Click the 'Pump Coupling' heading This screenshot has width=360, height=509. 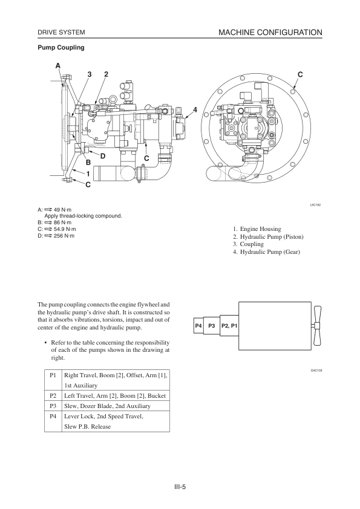coord(61,47)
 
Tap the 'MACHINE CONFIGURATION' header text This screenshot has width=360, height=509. coord(270,33)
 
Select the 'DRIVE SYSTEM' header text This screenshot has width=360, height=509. coord(61,33)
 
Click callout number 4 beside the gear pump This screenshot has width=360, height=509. coord(195,110)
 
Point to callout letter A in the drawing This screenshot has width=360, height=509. coord(58,66)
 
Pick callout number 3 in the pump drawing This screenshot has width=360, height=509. coord(90,74)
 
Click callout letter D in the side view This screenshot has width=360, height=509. coord(103,156)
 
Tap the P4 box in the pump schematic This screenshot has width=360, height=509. coord(198,325)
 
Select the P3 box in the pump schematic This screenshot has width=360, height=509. coord(212,325)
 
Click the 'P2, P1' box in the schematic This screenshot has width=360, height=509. coord(229,325)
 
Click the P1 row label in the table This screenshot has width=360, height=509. coord(53,375)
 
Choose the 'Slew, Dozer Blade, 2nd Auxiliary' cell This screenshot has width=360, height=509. coord(107,406)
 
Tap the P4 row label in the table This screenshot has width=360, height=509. coord(53,416)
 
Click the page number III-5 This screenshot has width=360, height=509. coord(180,487)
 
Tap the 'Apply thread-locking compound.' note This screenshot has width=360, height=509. coord(83,216)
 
